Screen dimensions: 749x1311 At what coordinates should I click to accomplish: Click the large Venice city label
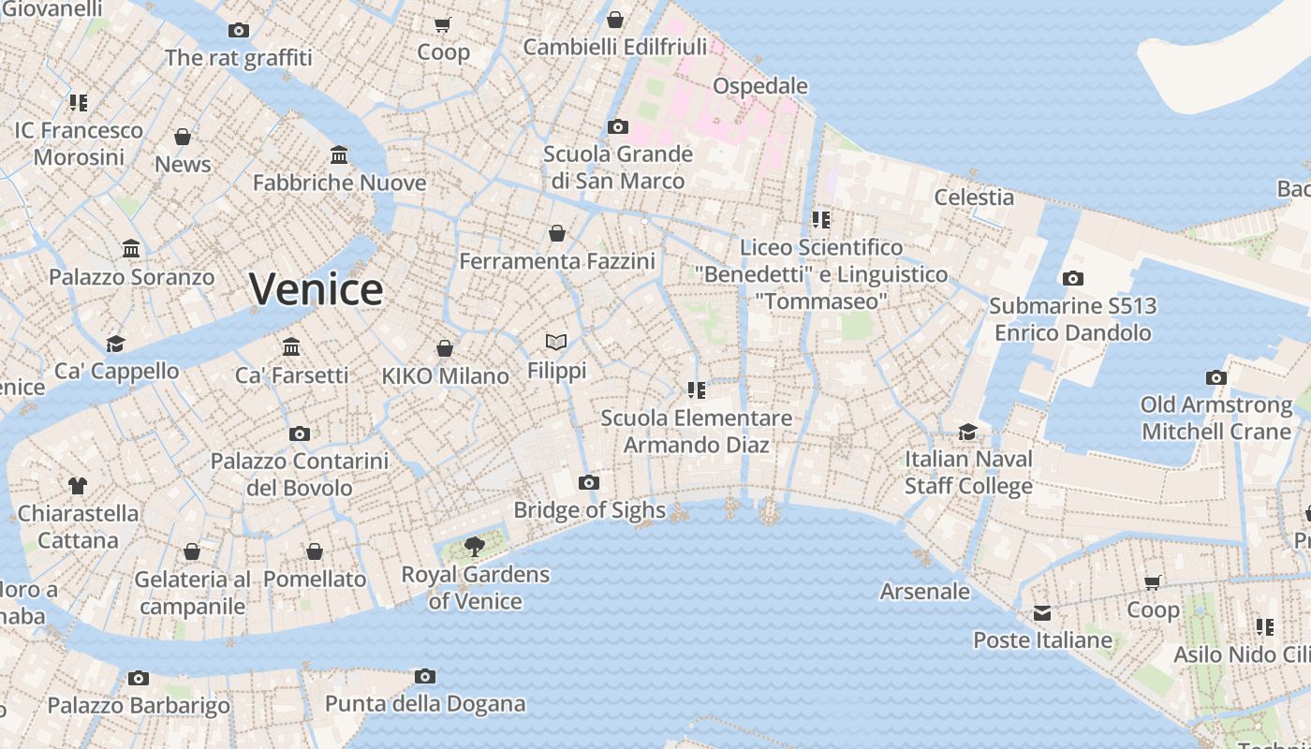(x=316, y=289)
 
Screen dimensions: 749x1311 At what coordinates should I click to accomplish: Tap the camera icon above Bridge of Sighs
(x=588, y=483)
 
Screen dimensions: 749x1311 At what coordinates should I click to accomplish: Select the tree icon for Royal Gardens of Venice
(x=475, y=546)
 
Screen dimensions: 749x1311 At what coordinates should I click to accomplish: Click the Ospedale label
(x=759, y=86)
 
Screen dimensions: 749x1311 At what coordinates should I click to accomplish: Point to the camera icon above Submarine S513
(x=1073, y=278)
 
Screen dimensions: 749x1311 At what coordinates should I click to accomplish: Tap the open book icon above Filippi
(x=556, y=343)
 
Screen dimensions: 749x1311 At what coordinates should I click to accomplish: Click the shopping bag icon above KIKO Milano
(x=445, y=348)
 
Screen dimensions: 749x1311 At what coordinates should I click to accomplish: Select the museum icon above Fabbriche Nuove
(x=339, y=154)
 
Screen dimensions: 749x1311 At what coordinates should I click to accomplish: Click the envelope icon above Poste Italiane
(x=1042, y=613)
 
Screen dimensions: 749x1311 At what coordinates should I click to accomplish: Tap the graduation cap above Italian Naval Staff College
(x=967, y=432)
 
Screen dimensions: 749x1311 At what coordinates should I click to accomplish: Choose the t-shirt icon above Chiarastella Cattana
(x=78, y=485)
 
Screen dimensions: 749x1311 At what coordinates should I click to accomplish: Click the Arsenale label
(x=924, y=591)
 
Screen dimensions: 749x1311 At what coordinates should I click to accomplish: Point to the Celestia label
(x=974, y=197)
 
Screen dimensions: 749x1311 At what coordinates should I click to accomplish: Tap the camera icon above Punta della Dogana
(x=424, y=676)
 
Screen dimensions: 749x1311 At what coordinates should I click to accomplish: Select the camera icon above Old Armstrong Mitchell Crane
(x=1215, y=378)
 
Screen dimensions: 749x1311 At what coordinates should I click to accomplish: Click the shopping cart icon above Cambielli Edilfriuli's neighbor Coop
(x=443, y=24)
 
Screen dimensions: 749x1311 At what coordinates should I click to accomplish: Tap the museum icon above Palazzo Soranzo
(x=131, y=249)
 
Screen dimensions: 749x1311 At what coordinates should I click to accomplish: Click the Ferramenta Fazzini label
(x=556, y=261)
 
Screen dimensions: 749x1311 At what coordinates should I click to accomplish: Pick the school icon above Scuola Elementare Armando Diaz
(x=696, y=389)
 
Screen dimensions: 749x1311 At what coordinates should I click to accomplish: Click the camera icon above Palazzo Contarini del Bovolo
(x=299, y=433)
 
